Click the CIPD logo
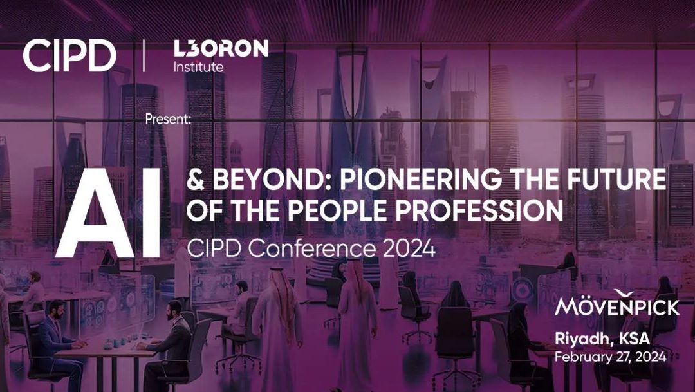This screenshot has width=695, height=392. (x=69, y=56)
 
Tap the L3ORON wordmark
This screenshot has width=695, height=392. (x=221, y=49)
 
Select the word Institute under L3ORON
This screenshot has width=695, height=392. (x=199, y=67)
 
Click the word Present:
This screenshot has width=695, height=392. (x=169, y=119)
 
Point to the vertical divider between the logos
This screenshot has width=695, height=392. (x=144, y=56)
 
